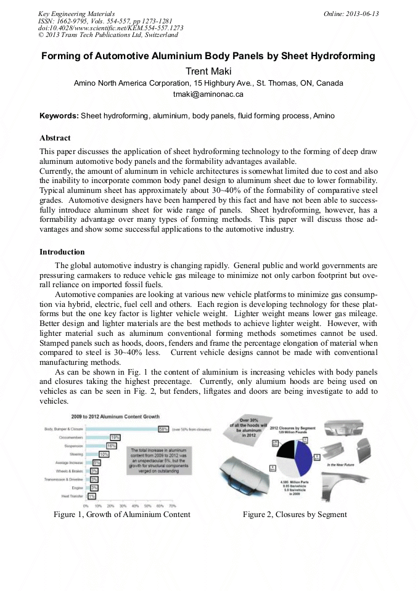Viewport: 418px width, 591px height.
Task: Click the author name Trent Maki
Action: [208, 71]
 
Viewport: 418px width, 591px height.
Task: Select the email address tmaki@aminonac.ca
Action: [208, 94]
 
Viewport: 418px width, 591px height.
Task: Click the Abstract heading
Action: [55, 137]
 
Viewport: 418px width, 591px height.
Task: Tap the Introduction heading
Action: [62, 252]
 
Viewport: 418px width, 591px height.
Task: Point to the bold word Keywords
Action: [59, 116]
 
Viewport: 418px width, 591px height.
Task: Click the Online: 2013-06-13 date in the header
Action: [351, 14]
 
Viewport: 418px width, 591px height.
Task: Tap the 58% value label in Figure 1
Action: [163, 428]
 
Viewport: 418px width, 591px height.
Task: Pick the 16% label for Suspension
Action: [112, 445]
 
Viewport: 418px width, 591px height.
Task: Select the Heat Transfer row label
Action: [73, 495]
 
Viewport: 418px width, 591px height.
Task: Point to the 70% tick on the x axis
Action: [171, 505]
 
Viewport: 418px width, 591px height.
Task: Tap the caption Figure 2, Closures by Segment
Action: [294, 515]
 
